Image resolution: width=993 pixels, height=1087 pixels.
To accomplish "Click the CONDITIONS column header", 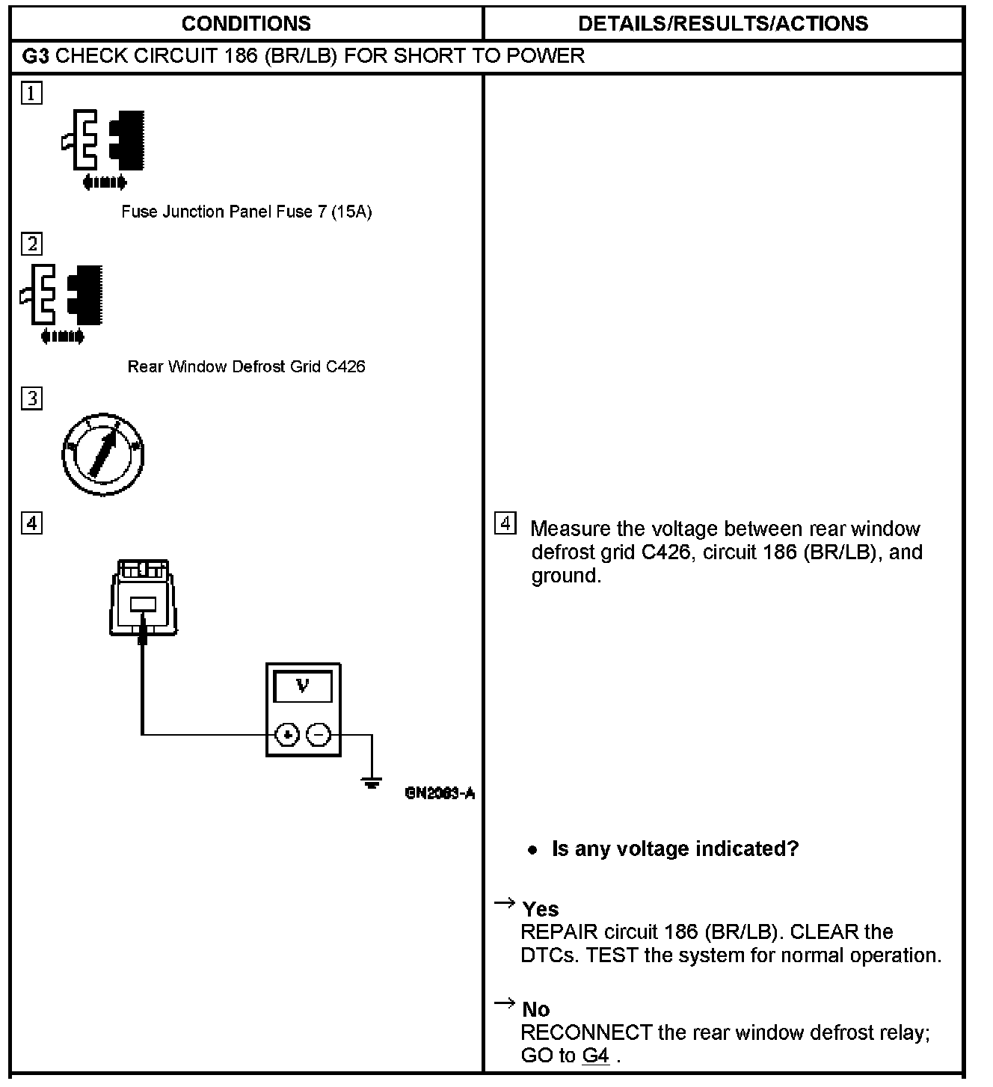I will coord(246,23).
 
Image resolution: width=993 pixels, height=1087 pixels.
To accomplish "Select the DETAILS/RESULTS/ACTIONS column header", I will coord(723,23).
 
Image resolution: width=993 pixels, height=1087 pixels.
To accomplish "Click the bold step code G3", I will coord(36,56).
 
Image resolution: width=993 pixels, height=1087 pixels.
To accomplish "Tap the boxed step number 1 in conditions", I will coord(31,93).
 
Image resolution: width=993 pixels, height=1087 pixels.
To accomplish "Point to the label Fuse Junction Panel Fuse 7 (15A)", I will coord(246,212).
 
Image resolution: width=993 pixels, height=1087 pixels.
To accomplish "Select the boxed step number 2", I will coord(31,244).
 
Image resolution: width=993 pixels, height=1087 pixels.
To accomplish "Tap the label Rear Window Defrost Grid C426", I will coord(246,366).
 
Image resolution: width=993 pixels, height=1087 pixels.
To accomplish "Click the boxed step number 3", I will coord(31,398).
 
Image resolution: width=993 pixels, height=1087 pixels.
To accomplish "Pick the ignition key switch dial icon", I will coord(102,454).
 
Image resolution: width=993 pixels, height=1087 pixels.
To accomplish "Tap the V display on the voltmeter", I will coord(303,686).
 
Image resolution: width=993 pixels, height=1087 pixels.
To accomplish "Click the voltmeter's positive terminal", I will coord(287,735).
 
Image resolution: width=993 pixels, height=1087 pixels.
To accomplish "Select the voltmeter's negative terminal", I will coord(319,735).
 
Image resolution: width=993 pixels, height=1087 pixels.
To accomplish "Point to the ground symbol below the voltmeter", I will coord(372,783).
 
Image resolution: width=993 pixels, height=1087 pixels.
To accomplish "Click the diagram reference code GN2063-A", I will coord(440,793).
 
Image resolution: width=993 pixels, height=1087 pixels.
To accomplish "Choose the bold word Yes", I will coord(541,909).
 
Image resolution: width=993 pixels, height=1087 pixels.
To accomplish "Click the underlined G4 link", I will coord(595,1056).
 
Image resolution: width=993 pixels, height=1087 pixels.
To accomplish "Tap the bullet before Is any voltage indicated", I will coord(532,850).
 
